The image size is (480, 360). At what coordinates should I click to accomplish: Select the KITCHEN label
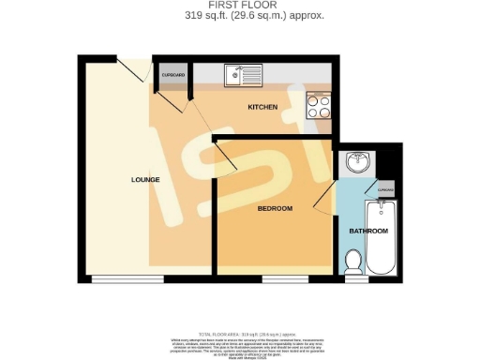point(262,108)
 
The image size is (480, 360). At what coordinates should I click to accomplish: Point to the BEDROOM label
point(276,207)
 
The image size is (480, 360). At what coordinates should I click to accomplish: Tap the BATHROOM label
point(368,230)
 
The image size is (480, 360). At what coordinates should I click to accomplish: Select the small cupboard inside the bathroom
point(384,190)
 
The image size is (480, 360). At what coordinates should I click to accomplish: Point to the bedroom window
point(283,278)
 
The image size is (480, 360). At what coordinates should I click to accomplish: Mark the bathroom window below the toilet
point(356,278)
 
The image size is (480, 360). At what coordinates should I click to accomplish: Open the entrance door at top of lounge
point(130,67)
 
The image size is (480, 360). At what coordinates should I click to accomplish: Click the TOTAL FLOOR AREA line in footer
point(240,334)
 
